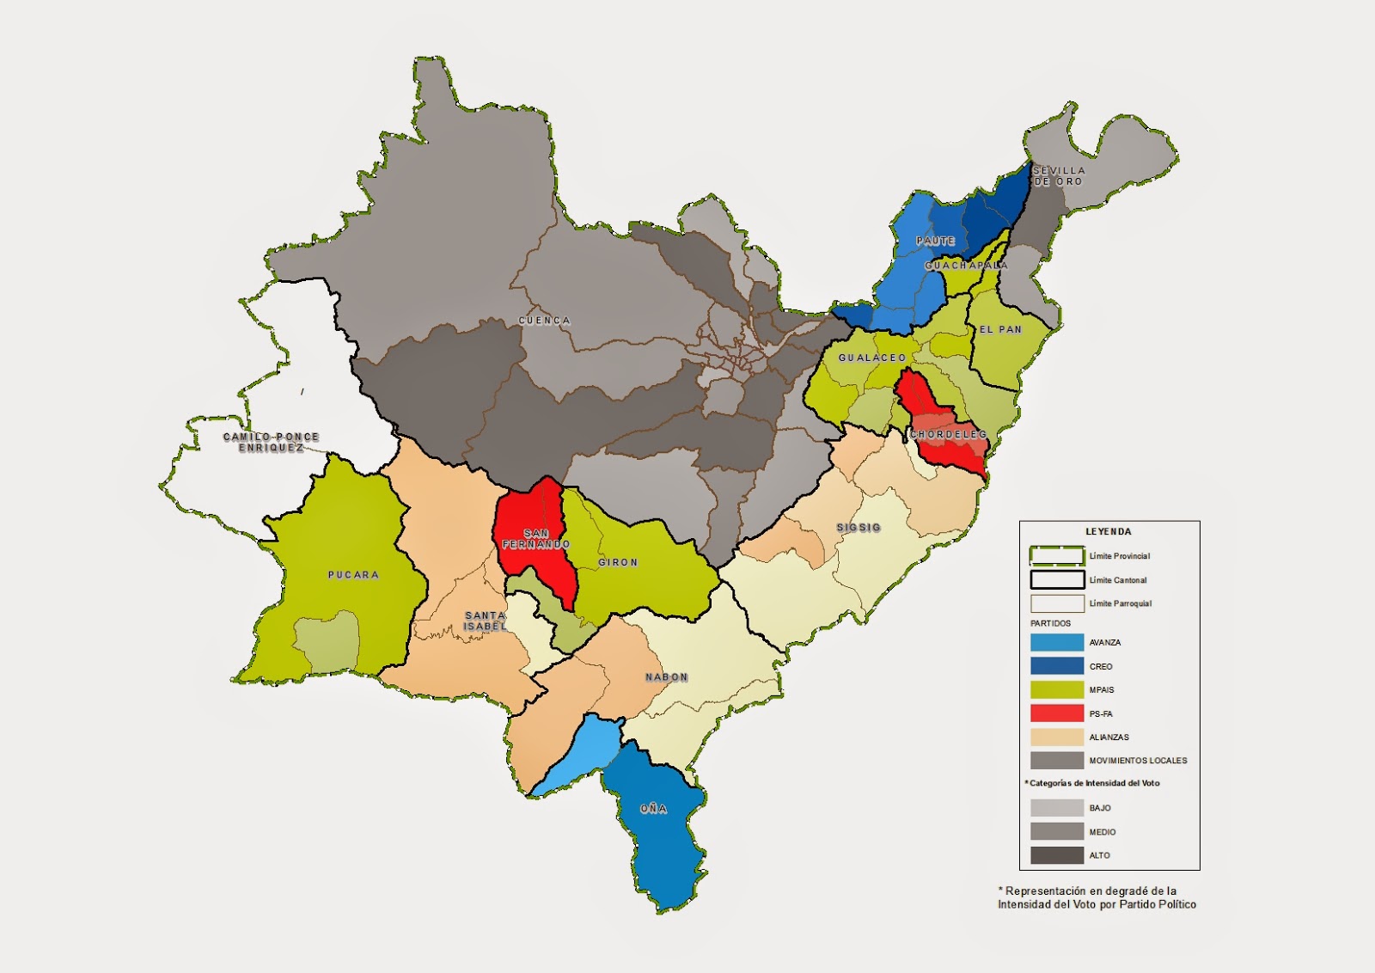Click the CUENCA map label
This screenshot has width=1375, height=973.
(x=544, y=321)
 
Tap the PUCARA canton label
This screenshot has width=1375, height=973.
(x=353, y=575)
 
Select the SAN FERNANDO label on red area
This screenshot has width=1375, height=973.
(x=536, y=539)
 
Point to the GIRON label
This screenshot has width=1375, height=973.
(x=618, y=562)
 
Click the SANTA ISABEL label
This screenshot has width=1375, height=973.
(x=486, y=621)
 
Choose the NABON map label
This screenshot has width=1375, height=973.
(x=667, y=677)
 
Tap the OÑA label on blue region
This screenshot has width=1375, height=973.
(x=653, y=809)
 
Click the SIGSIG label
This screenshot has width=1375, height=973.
(x=859, y=527)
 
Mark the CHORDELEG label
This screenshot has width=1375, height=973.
(x=949, y=435)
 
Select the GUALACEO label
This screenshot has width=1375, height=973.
(x=872, y=358)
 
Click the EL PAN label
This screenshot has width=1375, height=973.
(x=1001, y=329)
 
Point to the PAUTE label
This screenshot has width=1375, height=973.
(x=935, y=241)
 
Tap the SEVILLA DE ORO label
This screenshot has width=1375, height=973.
(x=1059, y=176)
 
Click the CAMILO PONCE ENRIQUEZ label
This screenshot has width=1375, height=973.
(x=272, y=443)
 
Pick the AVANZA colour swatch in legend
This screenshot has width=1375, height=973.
(x=1056, y=642)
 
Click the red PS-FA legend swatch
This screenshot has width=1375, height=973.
(x=1056, y=713)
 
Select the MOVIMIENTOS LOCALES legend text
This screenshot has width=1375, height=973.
(x=1138, y=761)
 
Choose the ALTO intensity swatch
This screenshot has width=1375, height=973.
(x=1056, y=855)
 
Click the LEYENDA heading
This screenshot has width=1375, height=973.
(x=1108, y=532)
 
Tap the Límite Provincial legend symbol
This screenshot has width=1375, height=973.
(x=1056, y=555)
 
